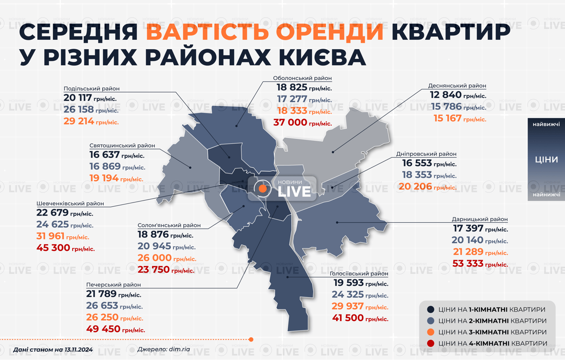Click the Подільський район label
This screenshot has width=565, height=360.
[91, 89]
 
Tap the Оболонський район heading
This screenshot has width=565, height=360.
[302, 78]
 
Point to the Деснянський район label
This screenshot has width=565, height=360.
[457, 86]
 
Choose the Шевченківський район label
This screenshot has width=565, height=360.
[70, 204]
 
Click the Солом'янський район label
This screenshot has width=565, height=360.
[169, 225]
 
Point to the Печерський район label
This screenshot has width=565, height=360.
[113, 285]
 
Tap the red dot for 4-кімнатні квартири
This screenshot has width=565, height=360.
[430, 344]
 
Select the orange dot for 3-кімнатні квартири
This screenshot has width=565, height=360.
[430, 332]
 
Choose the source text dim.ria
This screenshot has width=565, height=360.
[179, 349]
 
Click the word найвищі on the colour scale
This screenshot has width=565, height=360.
[546, 124]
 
